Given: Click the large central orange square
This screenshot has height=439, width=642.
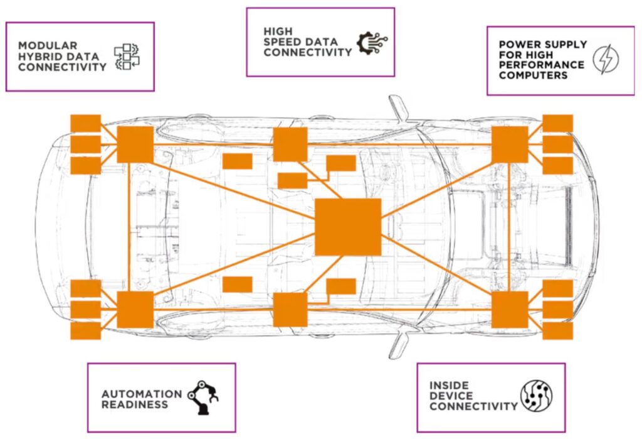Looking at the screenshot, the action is click(x=348, y=227).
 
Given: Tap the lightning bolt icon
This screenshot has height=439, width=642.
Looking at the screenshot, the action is click(x=606, y=60).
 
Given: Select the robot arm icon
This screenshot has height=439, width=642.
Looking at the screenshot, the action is click(x=203, y=397).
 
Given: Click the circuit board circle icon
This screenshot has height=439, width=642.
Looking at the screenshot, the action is click(x=537, y=396).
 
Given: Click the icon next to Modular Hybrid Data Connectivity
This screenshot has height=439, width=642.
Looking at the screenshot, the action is click(x=127, y=57).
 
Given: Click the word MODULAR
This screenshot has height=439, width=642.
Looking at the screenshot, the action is click(x=48, y=46).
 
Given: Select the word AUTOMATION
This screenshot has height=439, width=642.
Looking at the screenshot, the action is click(x=142, y=394).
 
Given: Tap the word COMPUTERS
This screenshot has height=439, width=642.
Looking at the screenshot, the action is click(x=533, y=75).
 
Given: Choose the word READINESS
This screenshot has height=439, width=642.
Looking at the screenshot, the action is click(x=135, y=404).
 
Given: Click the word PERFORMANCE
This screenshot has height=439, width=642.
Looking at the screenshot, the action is click(x=541, y=65).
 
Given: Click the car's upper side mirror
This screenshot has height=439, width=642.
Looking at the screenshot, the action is click(x=398, y=107).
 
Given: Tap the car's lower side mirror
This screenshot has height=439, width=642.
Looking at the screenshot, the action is click(x=398, y=345).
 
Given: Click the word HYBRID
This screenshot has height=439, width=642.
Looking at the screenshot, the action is click(x=39, y=56).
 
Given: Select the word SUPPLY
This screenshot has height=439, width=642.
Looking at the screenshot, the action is click(x=565, y=44).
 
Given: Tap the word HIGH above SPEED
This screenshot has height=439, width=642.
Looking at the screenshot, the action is click(x=278, y=31).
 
